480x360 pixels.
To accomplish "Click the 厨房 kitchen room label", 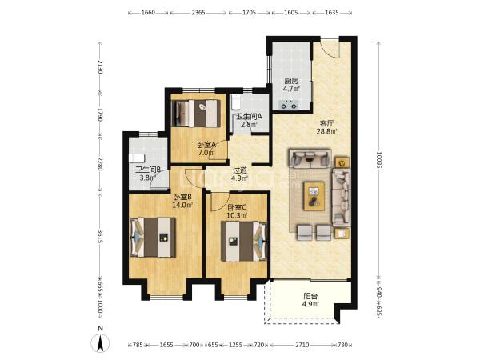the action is click(291, 81).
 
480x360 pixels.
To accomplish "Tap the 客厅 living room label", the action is click(326, 124).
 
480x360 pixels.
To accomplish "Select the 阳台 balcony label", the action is click(310, 296).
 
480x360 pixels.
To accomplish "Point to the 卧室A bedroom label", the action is click(206, 145).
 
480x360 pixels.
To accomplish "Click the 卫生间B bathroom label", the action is click(148, 170).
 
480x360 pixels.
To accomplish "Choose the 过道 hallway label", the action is click(240, 170).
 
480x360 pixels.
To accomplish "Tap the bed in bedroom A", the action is click(196, 114).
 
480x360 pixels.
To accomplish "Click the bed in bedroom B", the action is click(153, 238).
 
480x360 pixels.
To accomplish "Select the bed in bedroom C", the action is click(244, 242).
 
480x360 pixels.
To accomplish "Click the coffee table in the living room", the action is click(314, 196).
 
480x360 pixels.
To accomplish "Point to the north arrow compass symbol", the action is click(100, 343).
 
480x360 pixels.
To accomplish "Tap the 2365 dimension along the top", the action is click(198, 13).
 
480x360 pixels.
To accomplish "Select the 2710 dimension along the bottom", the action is click(302, 345).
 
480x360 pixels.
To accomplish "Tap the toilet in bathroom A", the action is click(235, 102).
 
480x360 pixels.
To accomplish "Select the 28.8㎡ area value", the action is click(326, 132).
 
